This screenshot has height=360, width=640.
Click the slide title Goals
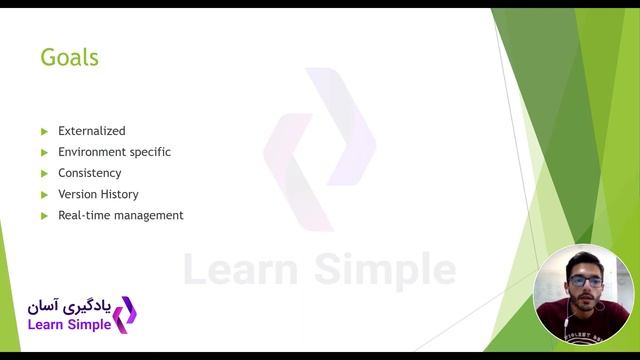[x=69, y=57]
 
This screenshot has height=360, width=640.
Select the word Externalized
[x=92, y=131]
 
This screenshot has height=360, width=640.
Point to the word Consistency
[x=89, y=173]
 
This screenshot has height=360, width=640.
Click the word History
[x=120, y=194]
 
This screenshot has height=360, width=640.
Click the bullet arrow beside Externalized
[x=44, y=131]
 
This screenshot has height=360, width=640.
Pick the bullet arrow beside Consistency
[x=44, y=173]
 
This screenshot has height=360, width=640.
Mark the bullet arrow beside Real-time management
[x=44, y=215]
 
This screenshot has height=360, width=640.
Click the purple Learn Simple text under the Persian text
[x=68, y=325]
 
